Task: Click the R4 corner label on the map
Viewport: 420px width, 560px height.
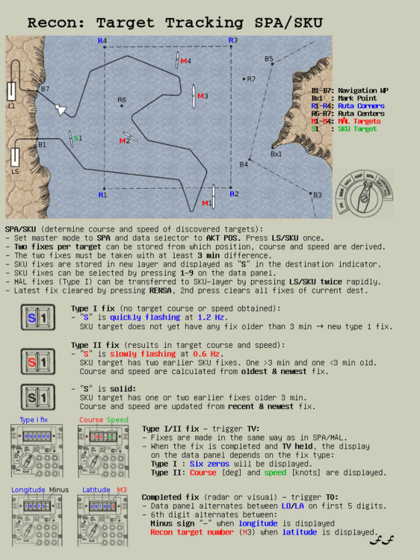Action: pyautogui.click(x=102, y=40)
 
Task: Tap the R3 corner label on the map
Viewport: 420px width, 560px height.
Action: pyautogui.click(x=233, y=40)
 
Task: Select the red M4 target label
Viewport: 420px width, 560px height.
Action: pyautogui.click(x=185, y=61)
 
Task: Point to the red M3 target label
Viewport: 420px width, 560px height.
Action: pyautogui.click(x=203, y=96)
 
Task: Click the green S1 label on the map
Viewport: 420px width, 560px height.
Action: pyautogui.click(x=78, y=138)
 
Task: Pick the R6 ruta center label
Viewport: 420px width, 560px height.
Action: pyautogui.click(x=122, y=99)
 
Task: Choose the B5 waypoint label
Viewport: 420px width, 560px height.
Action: pyautogui.click(x=268, y=59)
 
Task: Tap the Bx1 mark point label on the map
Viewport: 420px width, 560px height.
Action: pyautogui.click(x=276, y=154)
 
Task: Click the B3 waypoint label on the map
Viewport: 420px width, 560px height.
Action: pyautogui.click(x=317, y=195)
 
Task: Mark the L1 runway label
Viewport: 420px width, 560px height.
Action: pyautogui.click(x=11, y=106)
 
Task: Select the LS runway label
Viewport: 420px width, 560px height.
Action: pyautogui.click(x=14, y=172)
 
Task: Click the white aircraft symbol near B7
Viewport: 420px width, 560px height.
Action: pyautogui.click(x=61, y=109)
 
